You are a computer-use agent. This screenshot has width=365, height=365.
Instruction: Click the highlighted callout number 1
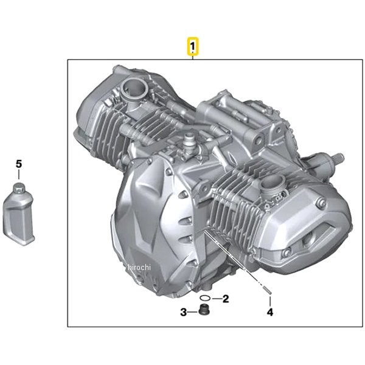coord(193,47)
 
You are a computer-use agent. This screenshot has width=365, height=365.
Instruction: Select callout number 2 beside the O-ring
coord(226,299)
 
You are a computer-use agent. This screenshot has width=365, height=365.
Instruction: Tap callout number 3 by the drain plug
coord(184,312)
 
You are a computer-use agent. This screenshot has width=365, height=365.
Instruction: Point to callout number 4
coord(269,312)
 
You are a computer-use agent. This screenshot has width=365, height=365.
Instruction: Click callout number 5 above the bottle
coord(19,164)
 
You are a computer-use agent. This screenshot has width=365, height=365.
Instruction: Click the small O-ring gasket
coord(205,297)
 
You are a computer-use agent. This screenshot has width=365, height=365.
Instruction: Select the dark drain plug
coord(204,309)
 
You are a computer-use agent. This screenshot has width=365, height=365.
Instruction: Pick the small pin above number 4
coord(268,291)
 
